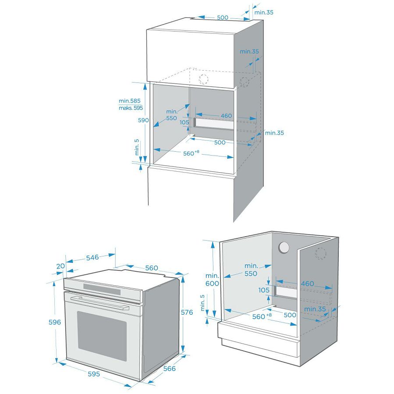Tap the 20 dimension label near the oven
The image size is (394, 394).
pyautogui.click(x=60, y=266)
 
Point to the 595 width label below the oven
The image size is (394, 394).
pyautogui.click(x=94, y=374)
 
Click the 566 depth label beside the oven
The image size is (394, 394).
pyautogui.click(x=169, y=369)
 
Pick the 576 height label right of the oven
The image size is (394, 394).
pyautogui.click(x=187, y=312)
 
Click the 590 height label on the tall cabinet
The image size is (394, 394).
pyautogui.click(x=143, y=120)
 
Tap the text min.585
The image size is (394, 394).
pyautogui.click(x=130, y=101)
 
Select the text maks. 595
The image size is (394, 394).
pyautogui.click(x=130, y=108)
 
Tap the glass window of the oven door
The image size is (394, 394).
pyautogui.click(x=102, y=336)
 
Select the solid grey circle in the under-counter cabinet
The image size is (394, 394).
pyautogui.click(x=284, y=248)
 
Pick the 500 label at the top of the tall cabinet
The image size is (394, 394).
pyautogui.click(x=223, y=18)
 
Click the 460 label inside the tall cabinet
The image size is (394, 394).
pyautogui.click(x=226, y=116)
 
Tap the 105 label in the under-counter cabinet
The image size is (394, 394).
pyautogui.click(x=264, y=290)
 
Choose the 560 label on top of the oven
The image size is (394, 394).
pyautogui.click(x=152, y=268)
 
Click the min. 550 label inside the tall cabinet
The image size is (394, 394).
pyautogui.click(x=171, y=115)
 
